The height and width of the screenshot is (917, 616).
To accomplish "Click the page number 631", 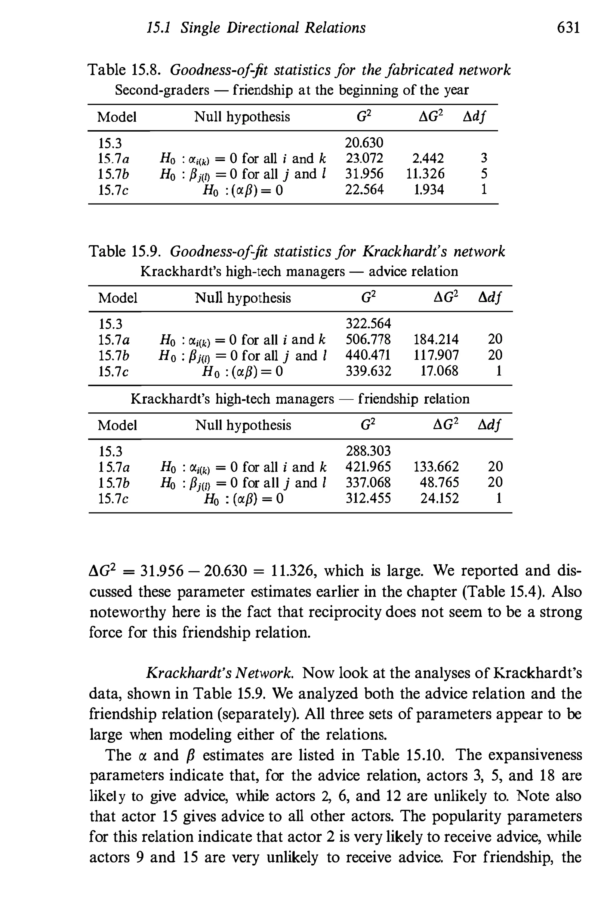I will click(568, 28).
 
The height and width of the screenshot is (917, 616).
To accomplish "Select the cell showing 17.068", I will click(439, 371).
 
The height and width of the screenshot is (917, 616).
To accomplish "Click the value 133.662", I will click(436, 467).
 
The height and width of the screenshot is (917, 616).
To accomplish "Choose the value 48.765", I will click(439, 482).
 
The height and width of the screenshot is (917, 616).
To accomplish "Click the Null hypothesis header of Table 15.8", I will click(242, 117).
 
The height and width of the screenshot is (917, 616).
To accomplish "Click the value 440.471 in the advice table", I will click(368, 355).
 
